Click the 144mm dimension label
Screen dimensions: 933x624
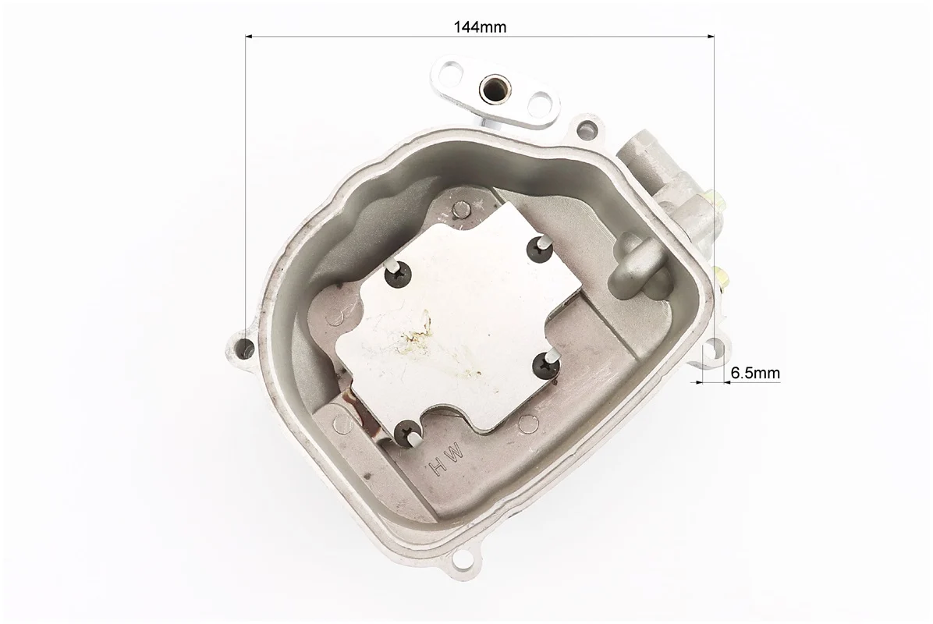pyautogui.click(x=481, y=27)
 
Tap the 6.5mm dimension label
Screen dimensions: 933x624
pyautogui.click(x=754, y=373)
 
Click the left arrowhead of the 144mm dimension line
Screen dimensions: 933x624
pyautogui.click(x=250, y=37)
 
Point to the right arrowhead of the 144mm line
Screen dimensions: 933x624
pyautogui.click(x=710, y=37)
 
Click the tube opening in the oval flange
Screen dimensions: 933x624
pyautogui.click(x=493, y=87)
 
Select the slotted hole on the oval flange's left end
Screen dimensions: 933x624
pyautogui.click(x=449, y=75)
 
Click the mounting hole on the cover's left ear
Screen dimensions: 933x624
pyautogui.click(x=244, y=348)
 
